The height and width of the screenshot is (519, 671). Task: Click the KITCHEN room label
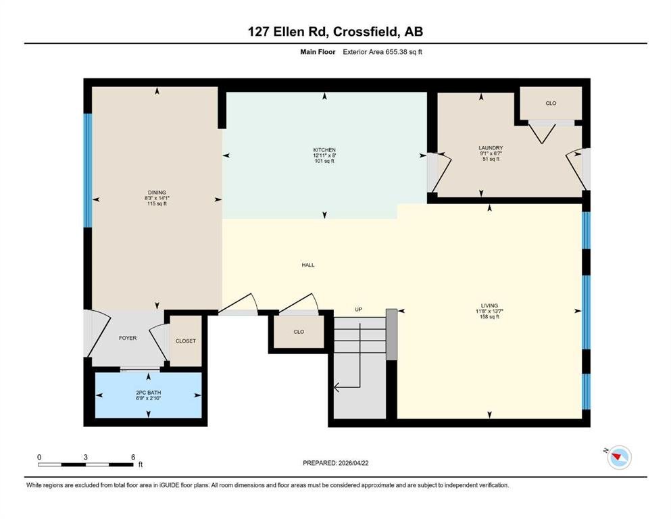(324, 150)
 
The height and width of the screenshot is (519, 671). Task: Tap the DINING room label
(157, 193)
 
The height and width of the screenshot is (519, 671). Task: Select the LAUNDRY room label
(491, 148)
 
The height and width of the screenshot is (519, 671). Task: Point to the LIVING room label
(489, 305)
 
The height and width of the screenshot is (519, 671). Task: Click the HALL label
(308, 266)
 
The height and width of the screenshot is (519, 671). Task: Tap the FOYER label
(128, 338)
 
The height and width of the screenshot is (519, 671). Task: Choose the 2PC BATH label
(148, 393)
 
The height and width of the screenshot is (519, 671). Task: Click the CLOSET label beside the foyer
(186, 341)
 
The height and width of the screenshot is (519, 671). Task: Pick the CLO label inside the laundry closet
(551, 103)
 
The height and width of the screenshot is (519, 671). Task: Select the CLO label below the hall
(299, 332)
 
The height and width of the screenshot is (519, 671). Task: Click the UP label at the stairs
(359, 310)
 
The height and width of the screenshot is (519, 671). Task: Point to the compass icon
(619, 458)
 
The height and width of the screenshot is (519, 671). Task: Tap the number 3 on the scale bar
(86, 457)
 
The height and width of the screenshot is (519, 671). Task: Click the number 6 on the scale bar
(133, 457)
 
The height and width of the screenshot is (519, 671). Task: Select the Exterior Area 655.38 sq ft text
(382, 52)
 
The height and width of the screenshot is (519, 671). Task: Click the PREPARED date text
(335, 463)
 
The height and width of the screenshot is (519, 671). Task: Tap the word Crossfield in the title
(366, 32)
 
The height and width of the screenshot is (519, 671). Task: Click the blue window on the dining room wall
(87, 170)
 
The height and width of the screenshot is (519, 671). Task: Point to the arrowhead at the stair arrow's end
(337, 388)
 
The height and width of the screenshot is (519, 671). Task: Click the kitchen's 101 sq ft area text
(324, 162)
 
